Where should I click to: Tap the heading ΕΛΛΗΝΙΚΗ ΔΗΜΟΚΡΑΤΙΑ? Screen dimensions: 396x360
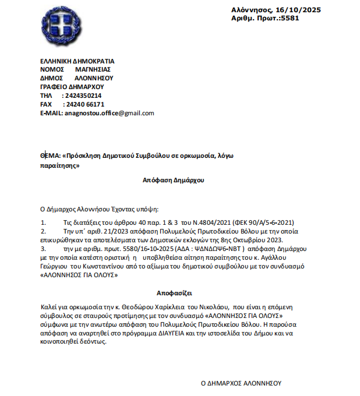(77, 61)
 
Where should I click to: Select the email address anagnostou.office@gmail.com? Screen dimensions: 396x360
(110, 113)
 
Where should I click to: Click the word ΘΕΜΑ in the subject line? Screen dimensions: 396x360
(50, 157)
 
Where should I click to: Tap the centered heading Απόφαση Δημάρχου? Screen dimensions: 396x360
(174, 181)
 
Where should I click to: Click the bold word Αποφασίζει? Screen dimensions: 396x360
(174, 293)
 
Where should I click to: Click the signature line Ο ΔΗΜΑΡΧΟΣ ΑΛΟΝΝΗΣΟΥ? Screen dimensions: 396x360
(241, 383)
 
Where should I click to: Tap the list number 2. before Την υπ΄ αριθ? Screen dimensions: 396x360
(44, 231)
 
